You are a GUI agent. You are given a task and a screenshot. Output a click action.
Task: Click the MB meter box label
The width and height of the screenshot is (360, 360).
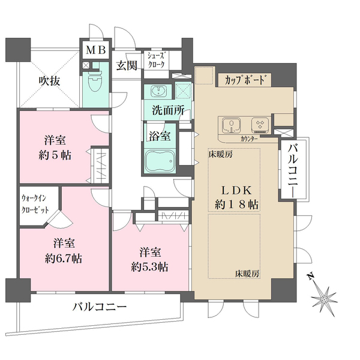click(x=96, y=50)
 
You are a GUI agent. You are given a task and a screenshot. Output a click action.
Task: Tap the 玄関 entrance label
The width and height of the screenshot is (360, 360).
click(x=127, y=65)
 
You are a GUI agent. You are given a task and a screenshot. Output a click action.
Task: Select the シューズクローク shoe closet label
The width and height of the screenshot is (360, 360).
click(x=156, y=60)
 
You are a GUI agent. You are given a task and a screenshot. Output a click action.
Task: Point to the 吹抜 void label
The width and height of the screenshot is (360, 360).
click(x=49, y=80)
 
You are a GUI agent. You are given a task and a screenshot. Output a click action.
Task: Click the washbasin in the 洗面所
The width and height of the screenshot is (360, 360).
click(x=158, y=91)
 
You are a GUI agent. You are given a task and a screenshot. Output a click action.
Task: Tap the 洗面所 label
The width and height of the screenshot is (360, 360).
click(x=168, y=110)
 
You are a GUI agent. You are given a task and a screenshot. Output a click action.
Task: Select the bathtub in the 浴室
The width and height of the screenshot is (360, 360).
click(x=160, y=161)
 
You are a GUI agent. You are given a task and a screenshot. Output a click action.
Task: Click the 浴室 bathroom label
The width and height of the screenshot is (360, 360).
click(x=160, y=136)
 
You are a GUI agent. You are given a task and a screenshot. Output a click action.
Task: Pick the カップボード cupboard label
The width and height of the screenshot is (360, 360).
click(x=245, y=80)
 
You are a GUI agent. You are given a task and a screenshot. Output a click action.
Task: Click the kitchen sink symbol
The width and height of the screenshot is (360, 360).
click(x=231, y=125)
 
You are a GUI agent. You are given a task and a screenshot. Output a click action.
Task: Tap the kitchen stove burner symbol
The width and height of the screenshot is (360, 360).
click(x=260, y=125)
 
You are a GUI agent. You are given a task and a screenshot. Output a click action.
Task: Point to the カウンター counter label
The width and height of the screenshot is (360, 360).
click(x=249, y=139)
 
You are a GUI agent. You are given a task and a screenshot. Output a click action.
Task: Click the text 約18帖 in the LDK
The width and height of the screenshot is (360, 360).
click(x=236, y=204)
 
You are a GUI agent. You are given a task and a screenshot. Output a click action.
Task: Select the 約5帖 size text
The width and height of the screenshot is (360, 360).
click(x=55, y=155)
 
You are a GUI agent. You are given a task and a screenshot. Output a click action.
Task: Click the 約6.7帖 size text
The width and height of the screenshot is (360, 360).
click(x=64, y=259)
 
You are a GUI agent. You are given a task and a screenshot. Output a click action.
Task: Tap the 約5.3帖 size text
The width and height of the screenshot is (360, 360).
click(x=149, y=267)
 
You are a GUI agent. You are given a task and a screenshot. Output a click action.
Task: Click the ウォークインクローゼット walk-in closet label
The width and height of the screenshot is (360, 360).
click(x=35, y=204)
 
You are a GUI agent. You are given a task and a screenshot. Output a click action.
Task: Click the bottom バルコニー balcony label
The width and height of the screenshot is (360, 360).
click(x=100, y=307)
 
